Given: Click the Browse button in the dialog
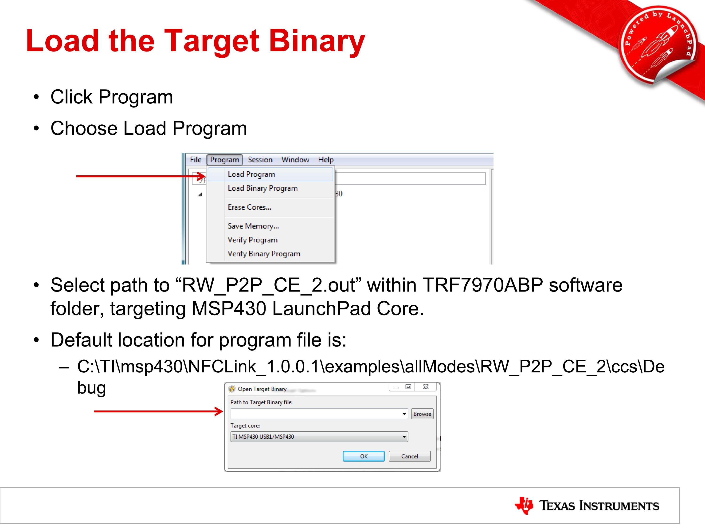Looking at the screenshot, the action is (x=422, y=414).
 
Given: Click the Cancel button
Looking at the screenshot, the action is (x=410, y=456).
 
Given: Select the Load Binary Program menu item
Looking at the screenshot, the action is (x=263, y=188).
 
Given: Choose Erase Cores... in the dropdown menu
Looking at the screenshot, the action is (x=250, y=207).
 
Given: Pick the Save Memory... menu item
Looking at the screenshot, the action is (x=253, y=226).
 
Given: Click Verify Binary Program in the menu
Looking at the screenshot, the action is (x=264, y=254).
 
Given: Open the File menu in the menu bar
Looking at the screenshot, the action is (x=196, y=160).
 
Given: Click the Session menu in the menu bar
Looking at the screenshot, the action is (x=260, y=160).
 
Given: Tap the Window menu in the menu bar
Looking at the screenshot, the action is (x=295, y=160).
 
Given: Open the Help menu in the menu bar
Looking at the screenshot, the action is (x=326, y=160).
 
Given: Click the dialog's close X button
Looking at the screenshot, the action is (x=426, y=387).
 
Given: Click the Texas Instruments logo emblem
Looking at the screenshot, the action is (x=523, y=505).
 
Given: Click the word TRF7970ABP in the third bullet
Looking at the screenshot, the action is (x=482, y=285).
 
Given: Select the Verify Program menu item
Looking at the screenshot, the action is (x=252, y=240).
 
